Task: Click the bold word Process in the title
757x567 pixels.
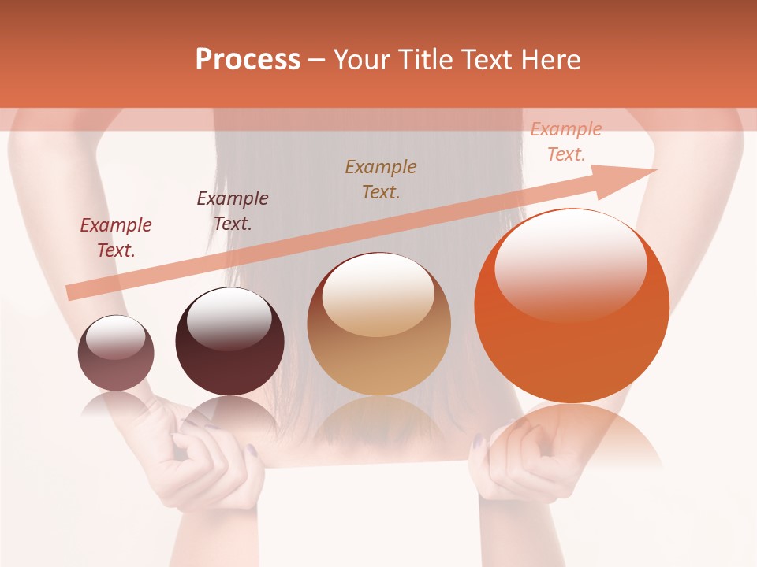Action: [248, 60]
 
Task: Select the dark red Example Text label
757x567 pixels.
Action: [116, 238]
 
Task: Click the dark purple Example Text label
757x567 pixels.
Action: [233, 211]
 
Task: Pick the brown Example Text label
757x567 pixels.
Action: [381, 179]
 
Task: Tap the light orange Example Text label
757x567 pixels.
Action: [566, 142]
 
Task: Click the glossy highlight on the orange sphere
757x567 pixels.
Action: [570, 264]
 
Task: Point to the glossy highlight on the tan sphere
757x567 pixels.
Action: [378, 295]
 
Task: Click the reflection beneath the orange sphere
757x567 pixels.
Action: [572, 433]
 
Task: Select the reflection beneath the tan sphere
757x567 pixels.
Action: [379, 421]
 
